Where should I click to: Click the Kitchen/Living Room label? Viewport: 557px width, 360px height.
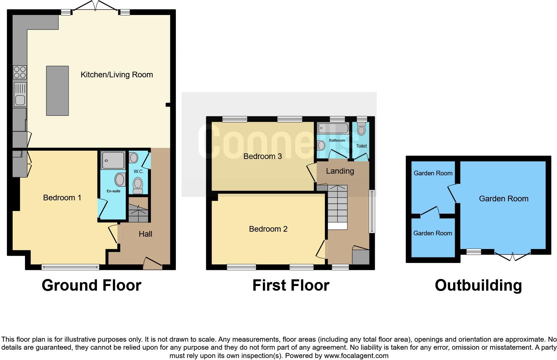[117, 75]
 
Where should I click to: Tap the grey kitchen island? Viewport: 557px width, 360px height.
[57, 91]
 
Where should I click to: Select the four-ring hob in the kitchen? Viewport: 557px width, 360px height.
[20, 72]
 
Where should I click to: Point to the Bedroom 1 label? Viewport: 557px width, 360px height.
[62, 198]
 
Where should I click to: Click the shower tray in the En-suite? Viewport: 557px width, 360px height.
[113, 160]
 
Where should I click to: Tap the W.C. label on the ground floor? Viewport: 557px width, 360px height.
[139, 171]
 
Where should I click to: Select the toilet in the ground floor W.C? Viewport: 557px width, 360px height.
[138, 185]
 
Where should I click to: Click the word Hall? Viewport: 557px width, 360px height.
[145, 234]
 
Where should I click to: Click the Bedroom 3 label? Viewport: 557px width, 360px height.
[263, 156]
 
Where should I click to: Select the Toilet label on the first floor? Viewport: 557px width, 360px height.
[361, 146]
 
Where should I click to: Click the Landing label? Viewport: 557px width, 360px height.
[340, 171]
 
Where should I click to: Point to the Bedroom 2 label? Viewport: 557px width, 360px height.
[268, 229]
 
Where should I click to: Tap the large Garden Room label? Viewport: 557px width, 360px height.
[503, 199]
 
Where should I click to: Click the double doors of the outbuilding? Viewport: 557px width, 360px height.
[512, 256]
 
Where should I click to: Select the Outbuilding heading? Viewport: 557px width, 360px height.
[478, 285]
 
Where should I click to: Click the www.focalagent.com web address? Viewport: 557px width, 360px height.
[356, 356]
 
